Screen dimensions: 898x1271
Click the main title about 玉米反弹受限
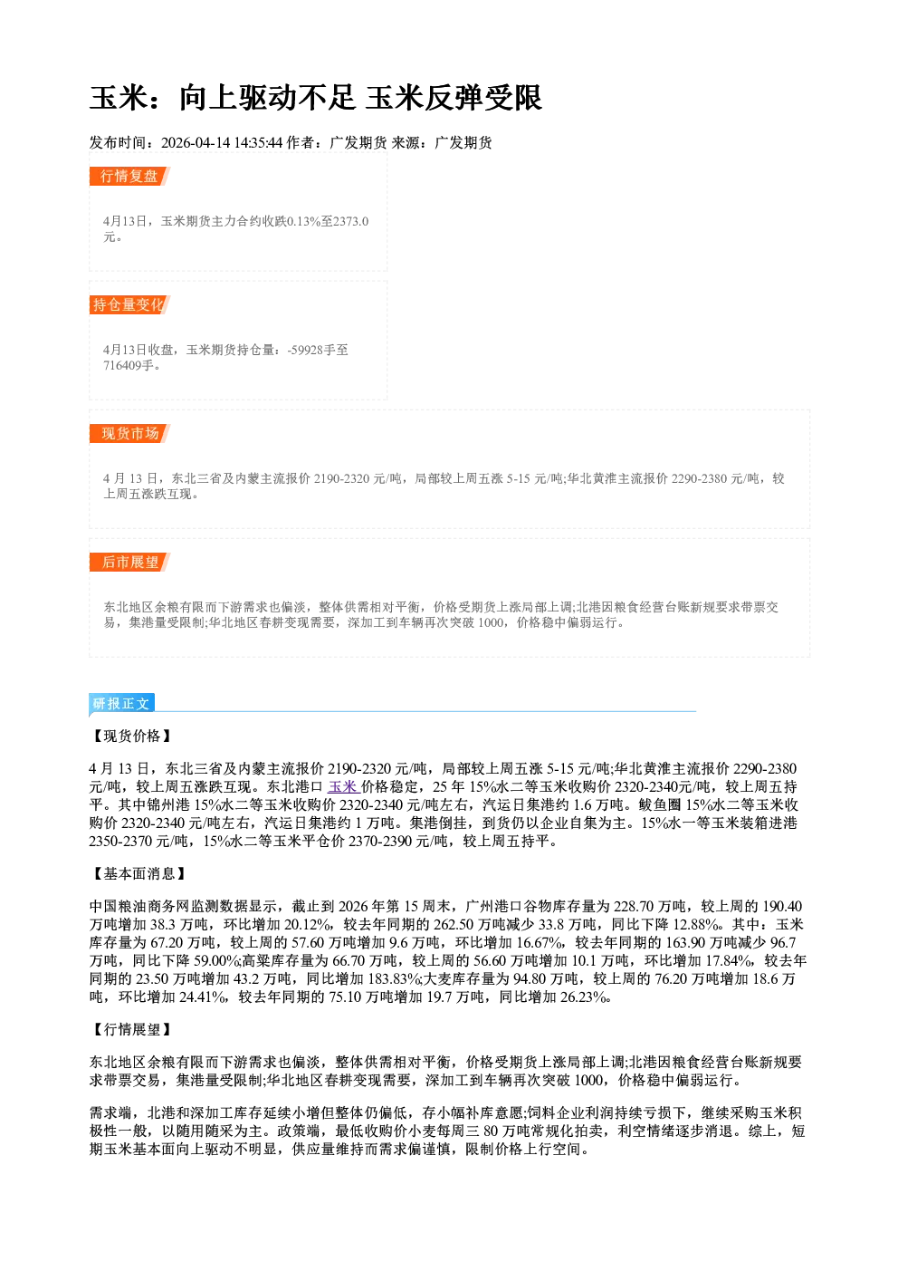[x=316, y=98]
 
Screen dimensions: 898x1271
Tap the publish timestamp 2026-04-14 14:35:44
[x=222, y=142]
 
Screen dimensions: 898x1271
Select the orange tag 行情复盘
[x=129, y=176]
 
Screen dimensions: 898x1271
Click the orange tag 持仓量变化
[x=129, y=304]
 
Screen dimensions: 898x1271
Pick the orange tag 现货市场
[x=129, y=434]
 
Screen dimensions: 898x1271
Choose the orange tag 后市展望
[x=129, y=563]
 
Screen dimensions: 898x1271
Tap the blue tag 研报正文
[x=122, y=704]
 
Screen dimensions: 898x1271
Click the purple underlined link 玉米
[x=343, y=787]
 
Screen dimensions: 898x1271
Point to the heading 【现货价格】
[x=131, y=737]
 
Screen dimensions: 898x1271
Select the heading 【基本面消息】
[x=139, y=874]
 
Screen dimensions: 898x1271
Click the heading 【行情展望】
[x=131, y=1030]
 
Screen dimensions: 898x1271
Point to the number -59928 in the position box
[x=304, y=350]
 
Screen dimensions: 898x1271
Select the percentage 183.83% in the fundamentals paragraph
[x=397, y=979]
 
